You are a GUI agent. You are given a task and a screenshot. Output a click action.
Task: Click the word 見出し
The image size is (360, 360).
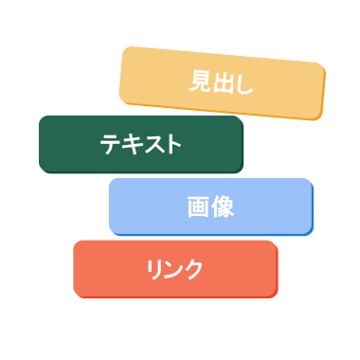(221, 83)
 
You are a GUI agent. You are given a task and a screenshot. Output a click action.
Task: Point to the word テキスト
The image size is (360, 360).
(140, 144)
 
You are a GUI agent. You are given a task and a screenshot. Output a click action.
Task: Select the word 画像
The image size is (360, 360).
(210, 207)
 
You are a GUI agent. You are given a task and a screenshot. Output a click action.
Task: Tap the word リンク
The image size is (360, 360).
(174, 268)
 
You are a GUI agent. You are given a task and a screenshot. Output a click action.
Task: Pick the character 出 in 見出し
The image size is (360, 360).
(222, 83)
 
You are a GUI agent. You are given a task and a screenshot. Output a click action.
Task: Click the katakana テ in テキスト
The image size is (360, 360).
(110, 144)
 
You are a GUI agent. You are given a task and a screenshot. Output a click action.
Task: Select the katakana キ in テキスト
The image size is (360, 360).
(131, 144)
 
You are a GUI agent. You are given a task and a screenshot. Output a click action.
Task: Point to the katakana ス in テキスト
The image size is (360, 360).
(152, 144)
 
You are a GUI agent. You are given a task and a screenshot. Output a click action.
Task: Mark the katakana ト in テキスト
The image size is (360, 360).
(171, 144)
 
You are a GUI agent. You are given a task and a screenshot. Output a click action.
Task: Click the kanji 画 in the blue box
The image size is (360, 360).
(198, 207)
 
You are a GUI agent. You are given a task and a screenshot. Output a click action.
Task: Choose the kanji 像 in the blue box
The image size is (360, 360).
(223, 207)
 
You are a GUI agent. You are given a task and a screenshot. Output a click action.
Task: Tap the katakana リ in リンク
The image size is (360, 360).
(154, 268)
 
